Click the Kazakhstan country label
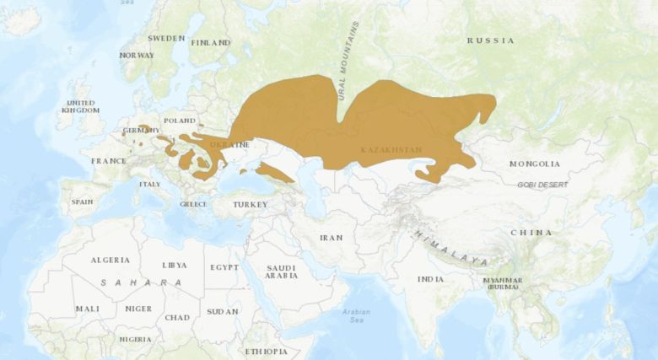pos(391,150)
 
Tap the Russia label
pos(490,40)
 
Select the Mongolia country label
pos(534,164)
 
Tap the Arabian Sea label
pos(356,316)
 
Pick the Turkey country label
pos(250,205)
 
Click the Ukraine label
pos(229,144)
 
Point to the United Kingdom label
pos(81,106)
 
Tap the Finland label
pos(211,42)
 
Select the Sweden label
pos(166,39)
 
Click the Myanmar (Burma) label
pos(503,283)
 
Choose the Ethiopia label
pos(266,351)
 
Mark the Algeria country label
pos(110,261)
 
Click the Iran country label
pos(331,238)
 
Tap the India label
pos(429,279)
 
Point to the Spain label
pos(82,202)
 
